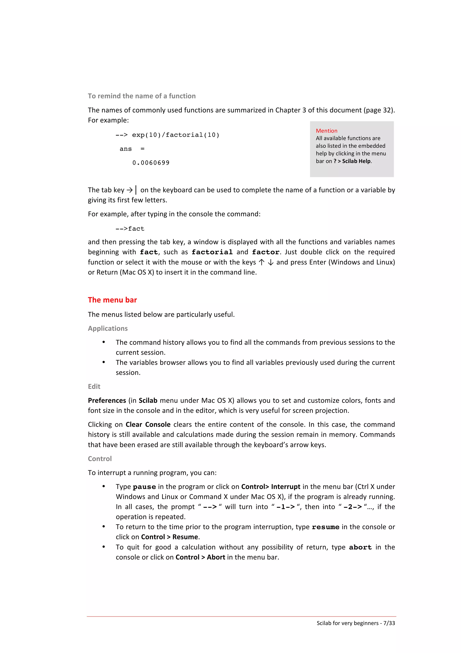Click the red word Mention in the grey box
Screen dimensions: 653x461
click(x=326, y=131)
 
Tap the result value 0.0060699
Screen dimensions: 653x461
click(x=151, y=163)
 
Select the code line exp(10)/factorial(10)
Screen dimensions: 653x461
click(x=176, y=135)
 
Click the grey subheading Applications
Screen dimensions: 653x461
click(x=108, y=328)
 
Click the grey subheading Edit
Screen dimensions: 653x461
click(x=94, y=386)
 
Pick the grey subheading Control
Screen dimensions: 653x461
click(x=100, y=459)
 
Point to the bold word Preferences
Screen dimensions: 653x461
click(x=107, y=400)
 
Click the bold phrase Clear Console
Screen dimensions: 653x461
click(x=148, y=424)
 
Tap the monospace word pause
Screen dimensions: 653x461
click(x=144, y=487)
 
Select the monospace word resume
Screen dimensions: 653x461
click(x=325, y=527)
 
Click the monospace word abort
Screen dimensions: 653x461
click(x=360, y=548)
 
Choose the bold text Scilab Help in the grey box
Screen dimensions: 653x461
click(x=356, y=161)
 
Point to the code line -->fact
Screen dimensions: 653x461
click(x=130, y=229)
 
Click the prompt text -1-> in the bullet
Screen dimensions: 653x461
click(x=285, y=507)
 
